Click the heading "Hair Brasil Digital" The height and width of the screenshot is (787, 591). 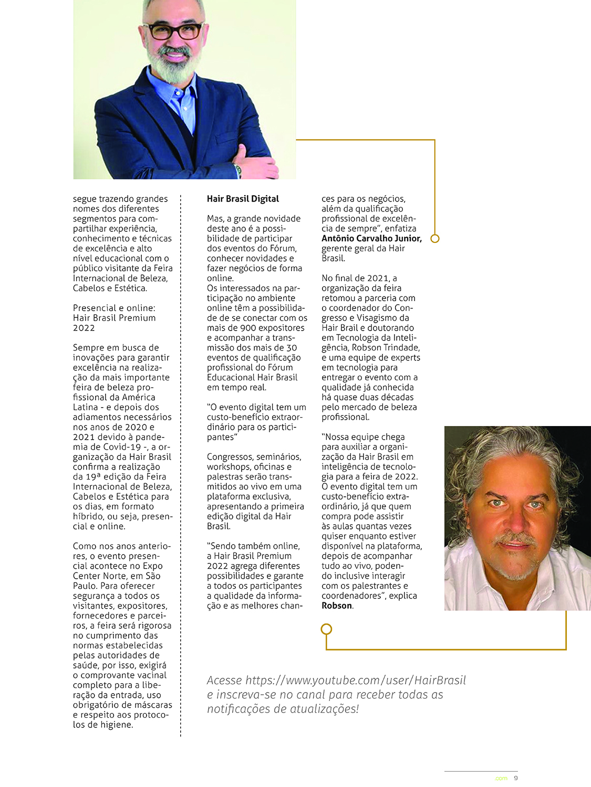[243, 199]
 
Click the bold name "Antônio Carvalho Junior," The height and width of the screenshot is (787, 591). [371, 238]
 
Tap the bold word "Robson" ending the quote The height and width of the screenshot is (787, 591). [337, 605]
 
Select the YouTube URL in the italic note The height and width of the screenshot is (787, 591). [356, 680]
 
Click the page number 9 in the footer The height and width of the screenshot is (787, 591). [516, 778]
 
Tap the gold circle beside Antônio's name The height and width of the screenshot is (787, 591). [435, 238]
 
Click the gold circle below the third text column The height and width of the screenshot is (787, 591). [326, 629]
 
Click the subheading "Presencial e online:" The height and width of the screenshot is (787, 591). [114, 308]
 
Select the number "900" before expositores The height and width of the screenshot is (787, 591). [248, 328]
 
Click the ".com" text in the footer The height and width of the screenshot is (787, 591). [501, 779]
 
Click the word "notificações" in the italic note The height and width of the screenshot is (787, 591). [237, 709]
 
